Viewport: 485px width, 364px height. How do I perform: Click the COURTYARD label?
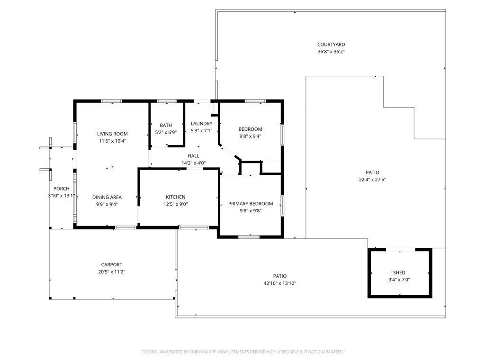click(331, 45)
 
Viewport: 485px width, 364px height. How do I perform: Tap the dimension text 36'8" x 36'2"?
click(331, 52)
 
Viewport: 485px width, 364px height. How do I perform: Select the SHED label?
click(399, 273)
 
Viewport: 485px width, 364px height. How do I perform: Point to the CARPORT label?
click(112, 264)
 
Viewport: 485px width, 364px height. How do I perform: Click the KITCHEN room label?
click(176, 197)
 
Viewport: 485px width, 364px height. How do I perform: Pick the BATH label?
click(166, 125)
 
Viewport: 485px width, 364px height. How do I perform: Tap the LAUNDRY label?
click(202, 124)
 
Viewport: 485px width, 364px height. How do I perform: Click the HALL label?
click(194, 156)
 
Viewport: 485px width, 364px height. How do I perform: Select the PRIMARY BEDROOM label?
click(251, 204)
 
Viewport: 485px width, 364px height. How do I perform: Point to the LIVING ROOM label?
click(112, 134)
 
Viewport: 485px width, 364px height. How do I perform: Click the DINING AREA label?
click(107, 197)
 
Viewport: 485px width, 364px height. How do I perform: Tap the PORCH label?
click(62, 189)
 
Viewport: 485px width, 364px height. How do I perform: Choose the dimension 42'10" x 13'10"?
click(280, 283)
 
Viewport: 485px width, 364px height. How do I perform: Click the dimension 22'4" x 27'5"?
click(372, 180)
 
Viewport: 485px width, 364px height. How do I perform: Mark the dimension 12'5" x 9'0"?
click(176, 204)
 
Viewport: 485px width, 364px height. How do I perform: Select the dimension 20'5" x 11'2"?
click(112, 272)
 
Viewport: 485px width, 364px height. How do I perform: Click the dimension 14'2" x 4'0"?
click(194, 163)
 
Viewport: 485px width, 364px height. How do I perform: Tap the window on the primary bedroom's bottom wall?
click(249, 237)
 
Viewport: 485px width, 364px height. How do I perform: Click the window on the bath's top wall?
click(166, 101)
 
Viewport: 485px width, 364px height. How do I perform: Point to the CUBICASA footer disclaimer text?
click(242, 352)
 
